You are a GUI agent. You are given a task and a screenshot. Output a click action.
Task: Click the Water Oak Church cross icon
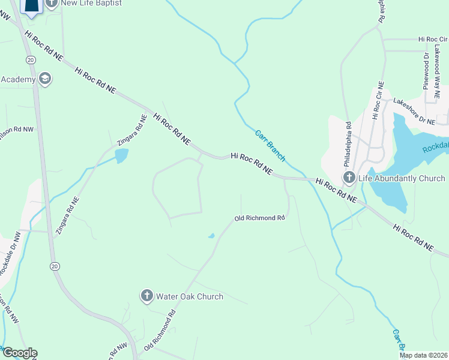tap(146, 296)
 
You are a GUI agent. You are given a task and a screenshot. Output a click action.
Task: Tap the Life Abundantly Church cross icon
tap(349, 178)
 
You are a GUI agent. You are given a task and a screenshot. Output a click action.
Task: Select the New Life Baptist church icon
tap(51, 3)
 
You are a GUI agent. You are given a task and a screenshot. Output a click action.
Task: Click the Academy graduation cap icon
tap(44, 79)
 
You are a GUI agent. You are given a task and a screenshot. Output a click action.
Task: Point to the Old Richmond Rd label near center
tap(259, 218)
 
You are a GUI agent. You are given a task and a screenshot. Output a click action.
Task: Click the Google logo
tap(19, 353)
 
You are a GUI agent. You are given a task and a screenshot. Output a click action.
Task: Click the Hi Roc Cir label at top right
tap(434, 40)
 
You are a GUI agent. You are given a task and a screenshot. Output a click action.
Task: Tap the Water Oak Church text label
tap(190, 296)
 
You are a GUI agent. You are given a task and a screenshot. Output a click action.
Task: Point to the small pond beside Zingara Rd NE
tap(121, 156)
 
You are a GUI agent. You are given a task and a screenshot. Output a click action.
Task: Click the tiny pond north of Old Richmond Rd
tap(211, 236)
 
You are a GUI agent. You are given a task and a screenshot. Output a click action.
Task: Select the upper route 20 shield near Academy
tap(30, 59)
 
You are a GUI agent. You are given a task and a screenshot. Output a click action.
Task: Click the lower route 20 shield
tap(54, 266)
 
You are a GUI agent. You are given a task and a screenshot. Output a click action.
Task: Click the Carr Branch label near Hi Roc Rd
tap(270, 146)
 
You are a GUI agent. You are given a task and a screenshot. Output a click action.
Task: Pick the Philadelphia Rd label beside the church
tap(348, 144)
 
